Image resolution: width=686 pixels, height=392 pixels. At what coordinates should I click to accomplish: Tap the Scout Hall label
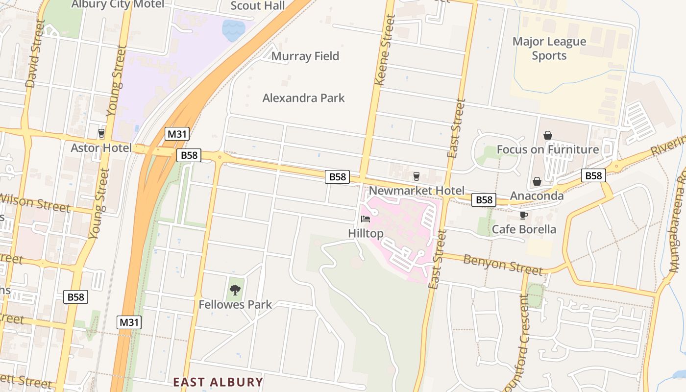(257, 5)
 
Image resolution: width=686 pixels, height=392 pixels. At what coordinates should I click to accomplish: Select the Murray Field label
(305, 56)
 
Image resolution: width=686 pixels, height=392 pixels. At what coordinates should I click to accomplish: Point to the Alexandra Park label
(303, 98)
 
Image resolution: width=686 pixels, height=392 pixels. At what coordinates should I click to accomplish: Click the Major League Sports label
(549, 49)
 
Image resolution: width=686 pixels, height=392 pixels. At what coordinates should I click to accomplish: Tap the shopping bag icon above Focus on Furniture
(547, 135)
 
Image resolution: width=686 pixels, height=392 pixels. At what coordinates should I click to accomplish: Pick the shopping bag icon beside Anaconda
(537, 181)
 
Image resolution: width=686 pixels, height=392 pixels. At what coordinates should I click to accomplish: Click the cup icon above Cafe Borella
(523, 215)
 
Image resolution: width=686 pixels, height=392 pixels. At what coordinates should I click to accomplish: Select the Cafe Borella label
(523, 229)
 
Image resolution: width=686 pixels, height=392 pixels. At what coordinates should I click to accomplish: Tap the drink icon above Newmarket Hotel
(416, 176)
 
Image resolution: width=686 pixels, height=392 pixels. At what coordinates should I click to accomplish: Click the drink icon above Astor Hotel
(101, 133)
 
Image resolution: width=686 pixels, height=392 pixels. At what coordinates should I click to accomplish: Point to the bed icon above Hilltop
(366, 219)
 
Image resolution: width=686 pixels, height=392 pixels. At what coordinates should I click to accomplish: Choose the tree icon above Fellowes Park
(235, 290)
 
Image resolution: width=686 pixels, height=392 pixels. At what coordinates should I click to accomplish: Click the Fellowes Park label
(235, 305)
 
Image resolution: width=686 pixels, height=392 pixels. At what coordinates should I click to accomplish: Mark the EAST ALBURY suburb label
(218, 382)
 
